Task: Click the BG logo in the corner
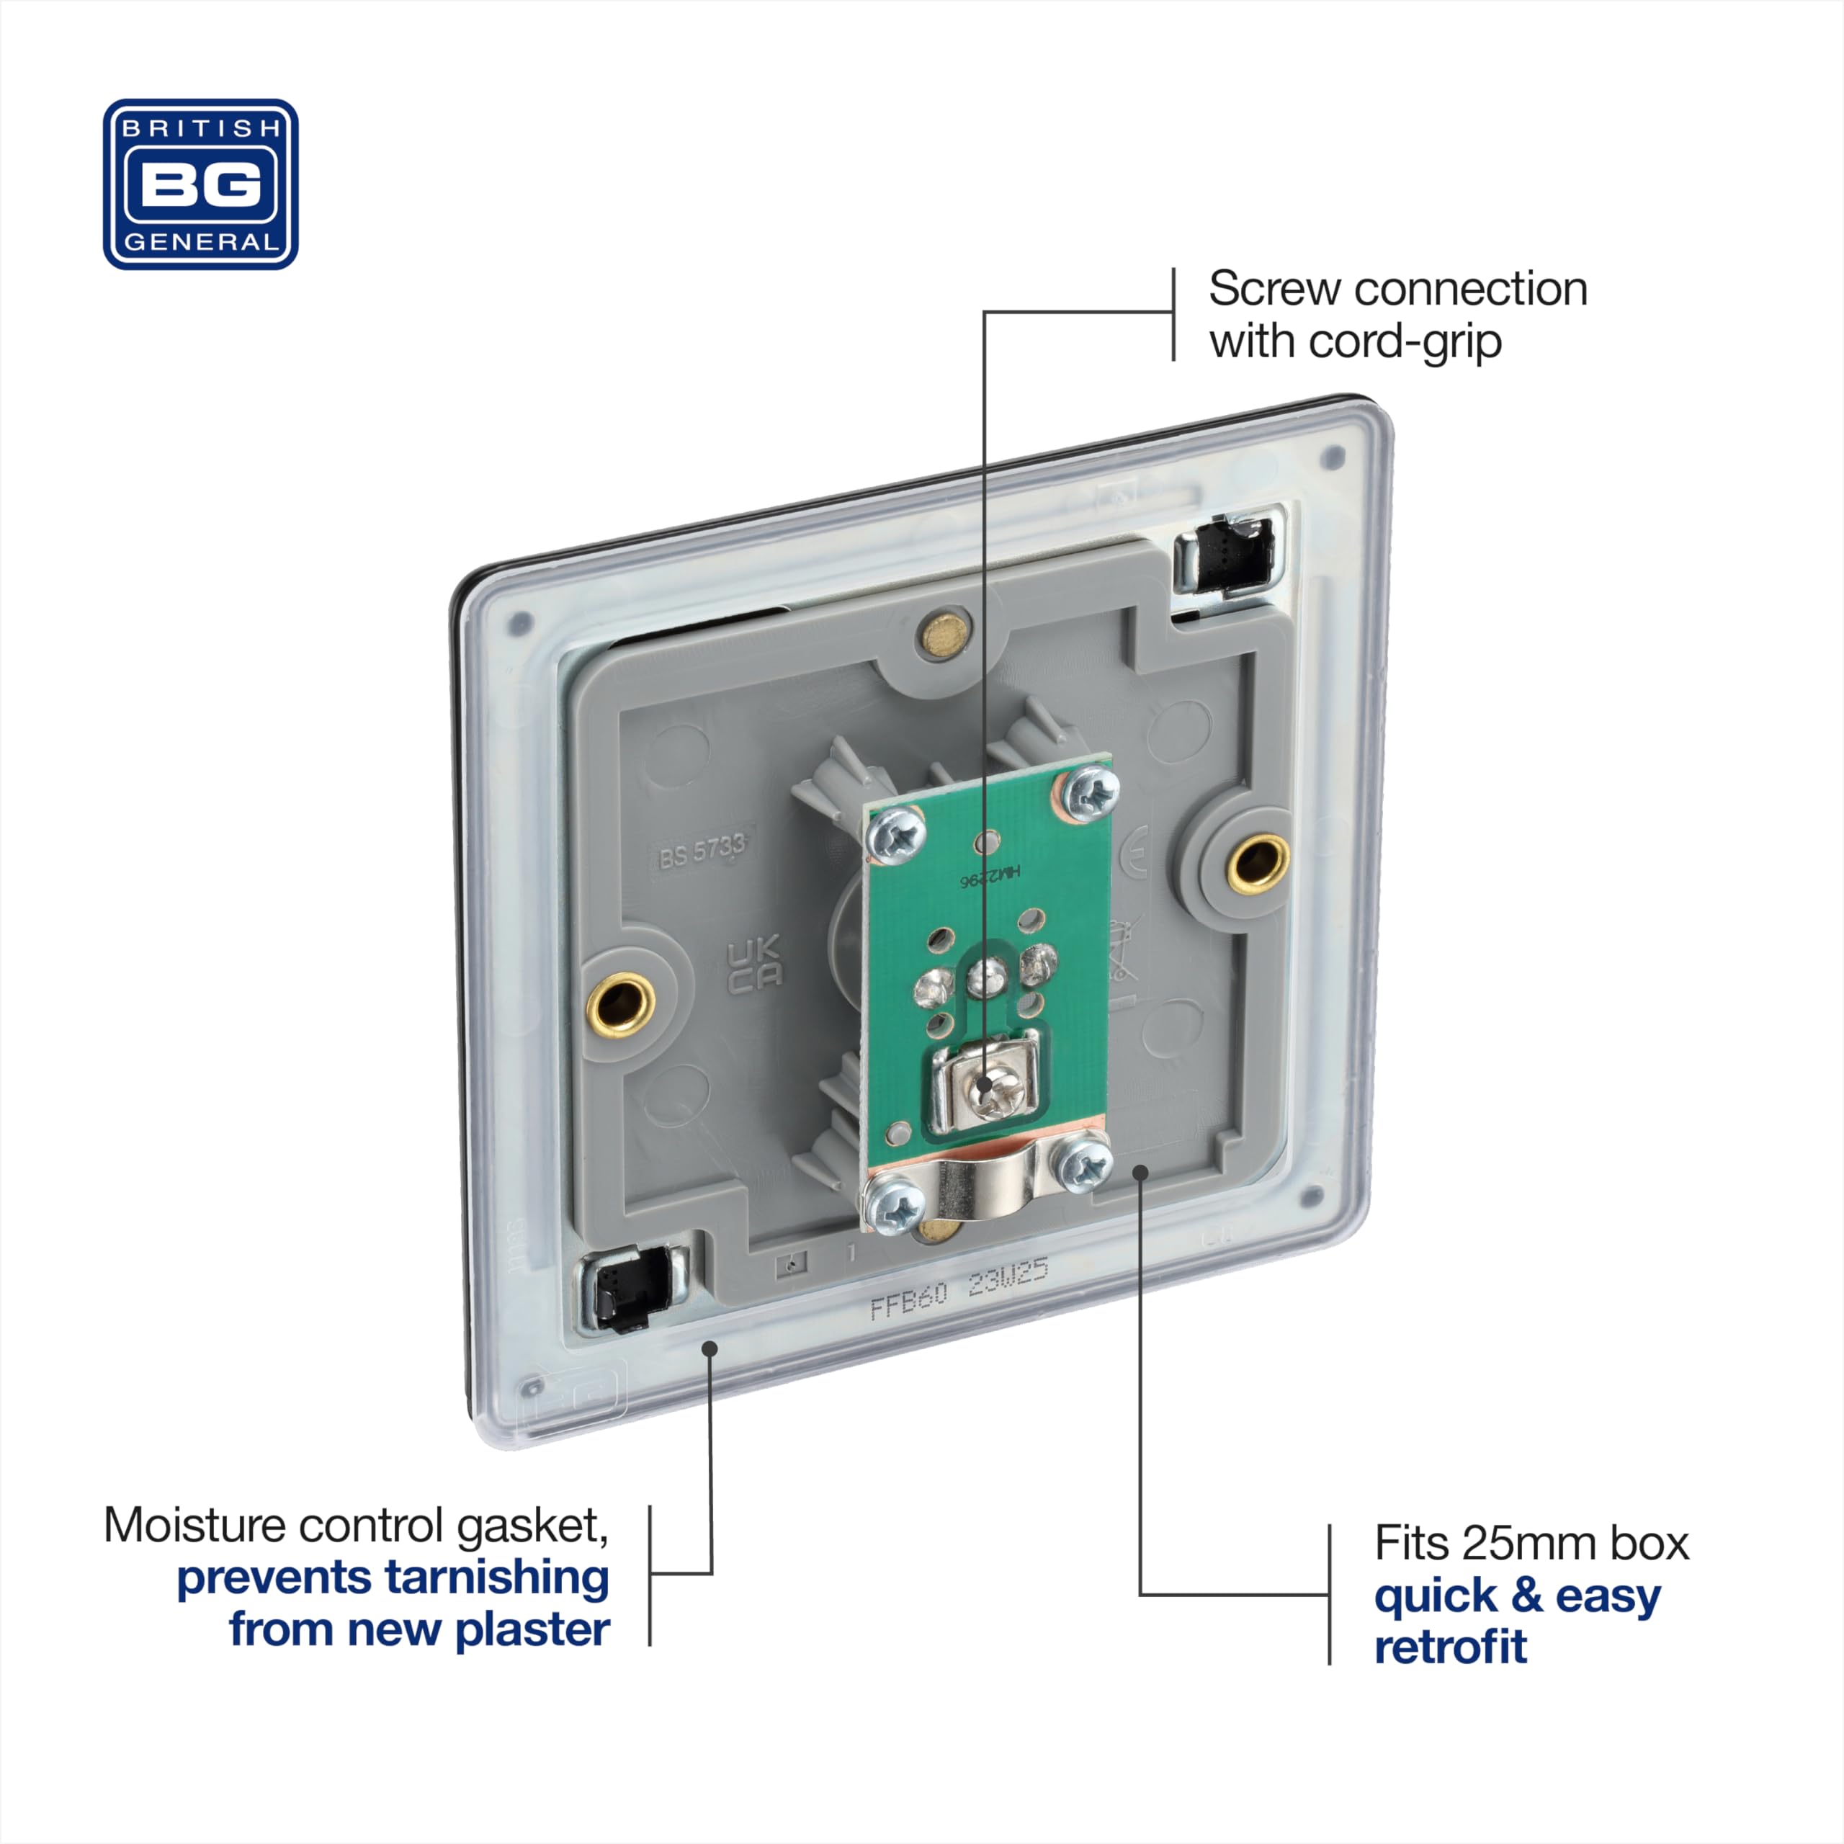pos(200,184)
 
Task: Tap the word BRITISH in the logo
pos(200,128)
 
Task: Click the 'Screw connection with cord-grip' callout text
pos(1397,315)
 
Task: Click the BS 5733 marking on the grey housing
pos(702,849)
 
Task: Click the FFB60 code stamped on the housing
pos(908,1300)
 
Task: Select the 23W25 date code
pos(1008,1279)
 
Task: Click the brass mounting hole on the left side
pos(620,1004)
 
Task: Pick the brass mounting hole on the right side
pos(1257,864)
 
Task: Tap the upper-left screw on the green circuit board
pos(896,836)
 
